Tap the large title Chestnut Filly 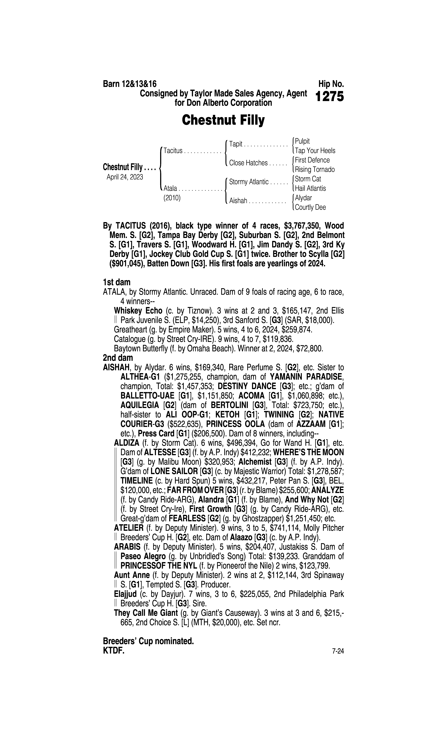click(x=223, y=120)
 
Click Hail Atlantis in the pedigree click(x=310, y=188)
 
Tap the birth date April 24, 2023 click(x=125, y=177)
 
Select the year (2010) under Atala click(x=172, y=198)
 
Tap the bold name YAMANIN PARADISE click(x=307, y=377)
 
